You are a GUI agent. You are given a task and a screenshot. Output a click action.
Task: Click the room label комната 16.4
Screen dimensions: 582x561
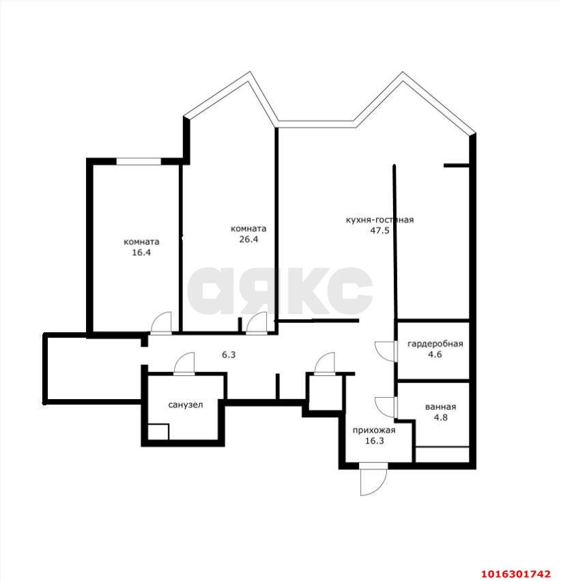pyautogui.click(x=141, y=242)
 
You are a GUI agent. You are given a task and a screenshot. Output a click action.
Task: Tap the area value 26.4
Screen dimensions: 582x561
pyautogui.click(x=248, y=239)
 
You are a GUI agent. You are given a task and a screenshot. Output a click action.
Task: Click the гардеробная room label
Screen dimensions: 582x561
pyautogui.click(x=435, y=344)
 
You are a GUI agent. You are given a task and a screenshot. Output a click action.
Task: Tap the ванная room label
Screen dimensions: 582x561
pyautogui.click(x=440, y=407)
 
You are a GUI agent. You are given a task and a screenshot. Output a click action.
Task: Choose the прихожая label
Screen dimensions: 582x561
pyautogui.click(x=373, y=430)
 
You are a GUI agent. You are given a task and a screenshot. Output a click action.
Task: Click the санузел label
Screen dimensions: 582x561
pyautogui.click(x=186, y=405)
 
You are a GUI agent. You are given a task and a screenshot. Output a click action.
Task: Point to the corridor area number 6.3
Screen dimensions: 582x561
pyautogui.click(x=229, y=355)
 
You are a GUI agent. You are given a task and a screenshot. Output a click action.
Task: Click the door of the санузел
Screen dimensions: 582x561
pyautogui.click(x=184, y=364)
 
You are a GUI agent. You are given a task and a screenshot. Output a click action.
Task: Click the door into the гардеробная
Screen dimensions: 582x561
pyautogui.click(x=386, y=350)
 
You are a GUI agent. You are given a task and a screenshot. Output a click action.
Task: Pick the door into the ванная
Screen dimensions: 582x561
pyautogui.click(x=386, y=406)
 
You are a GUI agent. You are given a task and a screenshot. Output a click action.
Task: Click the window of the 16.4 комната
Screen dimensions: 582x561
pyautogui.click(x=138, y=161)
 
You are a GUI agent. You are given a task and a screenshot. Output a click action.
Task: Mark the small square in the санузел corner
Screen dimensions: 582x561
pyautogui.click(x=158, y=433)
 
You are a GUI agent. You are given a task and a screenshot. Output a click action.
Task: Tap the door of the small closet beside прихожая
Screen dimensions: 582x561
pyautogui.click(x=325, y=364)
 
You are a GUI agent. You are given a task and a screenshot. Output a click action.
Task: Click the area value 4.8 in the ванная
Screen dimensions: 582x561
pyautogui.click(x=440, y=418)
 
